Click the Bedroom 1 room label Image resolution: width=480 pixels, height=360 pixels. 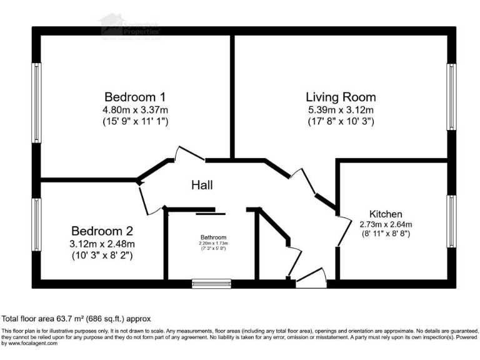pos(135,97)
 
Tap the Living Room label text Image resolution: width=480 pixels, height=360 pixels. pos(341,97)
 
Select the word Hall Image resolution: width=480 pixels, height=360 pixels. pos(202,185)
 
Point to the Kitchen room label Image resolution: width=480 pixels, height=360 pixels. pos(386,214)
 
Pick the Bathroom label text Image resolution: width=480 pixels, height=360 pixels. pos(214,237)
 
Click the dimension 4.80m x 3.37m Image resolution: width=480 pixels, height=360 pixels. pos(135,110)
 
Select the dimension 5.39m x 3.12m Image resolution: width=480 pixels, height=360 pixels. pos(341,110)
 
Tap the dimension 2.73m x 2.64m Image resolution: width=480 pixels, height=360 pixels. pos(386,224)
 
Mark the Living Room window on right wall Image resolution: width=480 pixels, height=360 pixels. pos(450,97)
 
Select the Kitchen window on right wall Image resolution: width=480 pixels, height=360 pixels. pos(450,221)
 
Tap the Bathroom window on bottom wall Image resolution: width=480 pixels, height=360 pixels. pos(211,284)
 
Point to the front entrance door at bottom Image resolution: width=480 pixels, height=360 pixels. pos(311,281)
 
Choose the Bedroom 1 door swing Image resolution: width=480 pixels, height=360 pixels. pos(187,154)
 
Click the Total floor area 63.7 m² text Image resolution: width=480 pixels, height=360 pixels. pos(77,318)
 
